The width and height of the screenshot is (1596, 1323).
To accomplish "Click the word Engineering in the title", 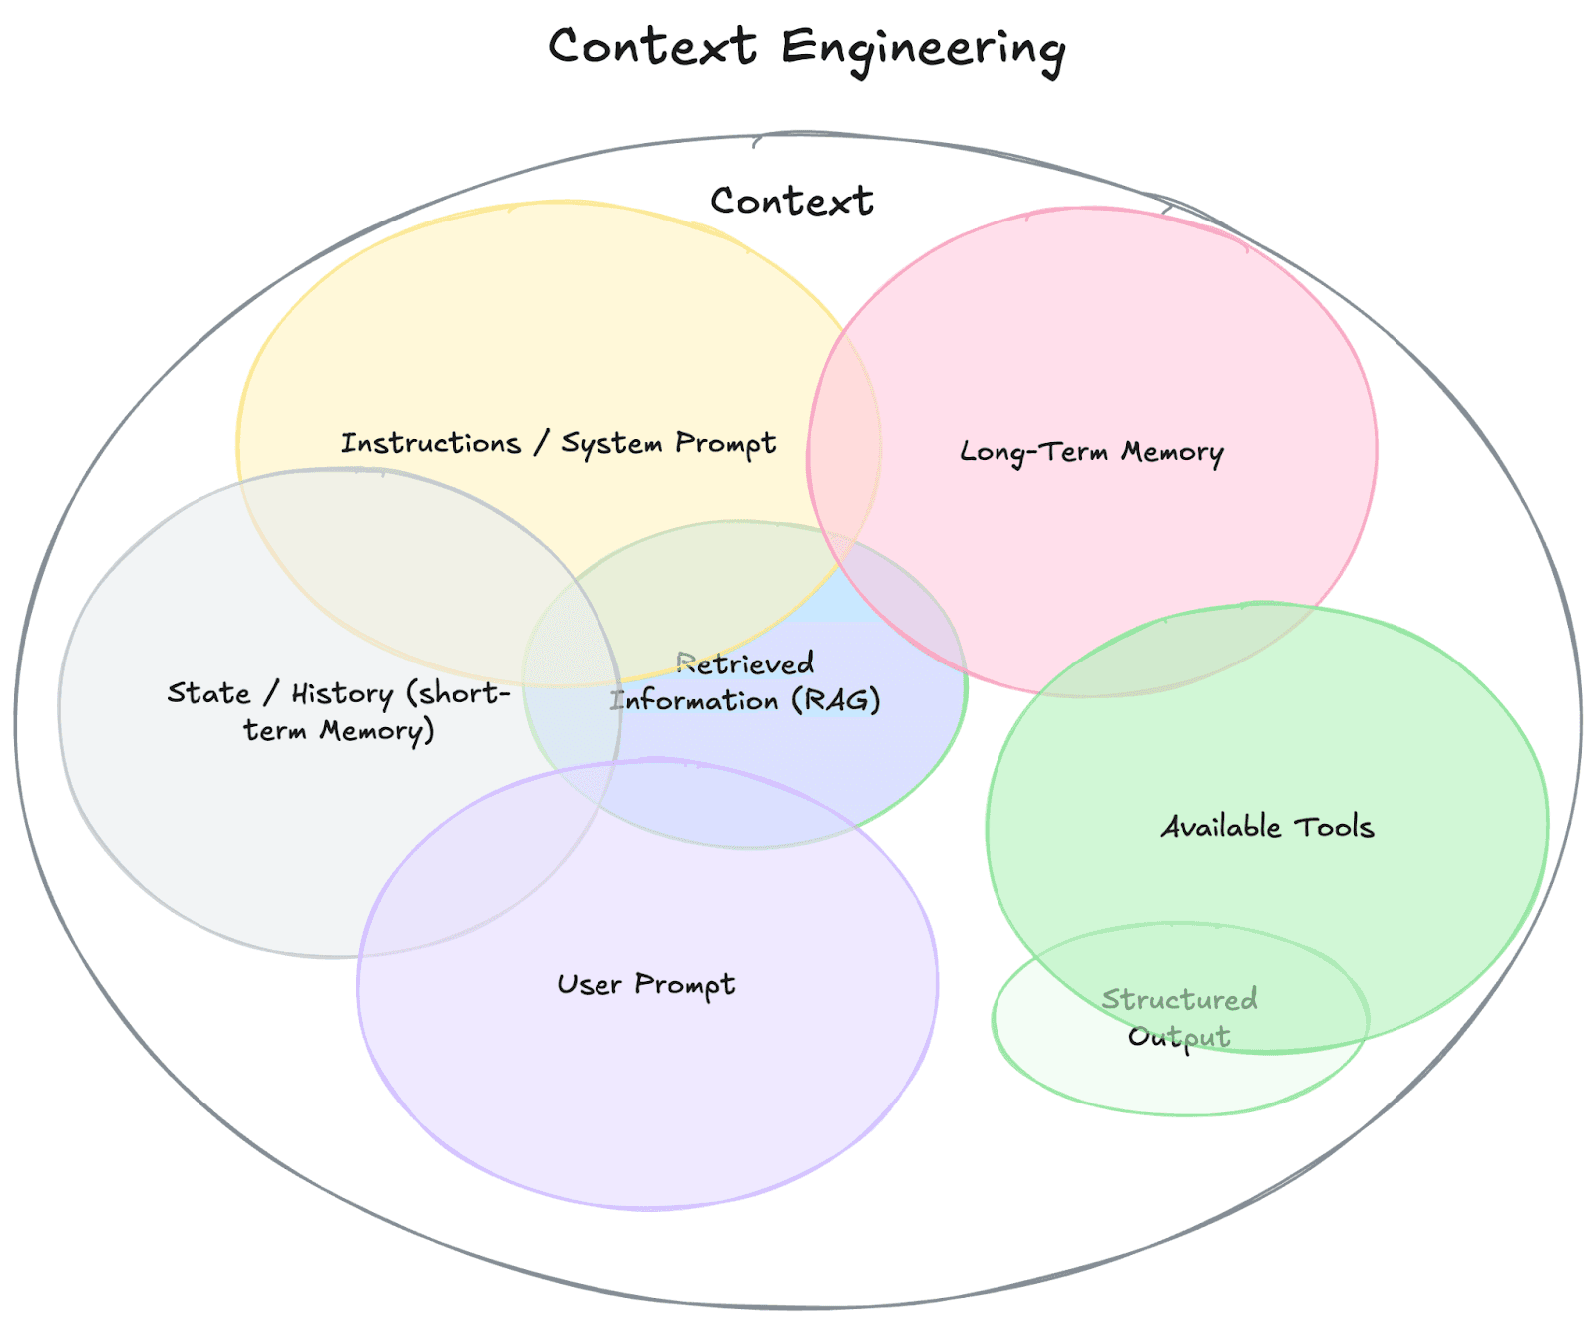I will [923, 48].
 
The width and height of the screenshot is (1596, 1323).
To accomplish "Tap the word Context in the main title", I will [652, 46].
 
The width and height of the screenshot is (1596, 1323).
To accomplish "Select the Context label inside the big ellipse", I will [791, 201].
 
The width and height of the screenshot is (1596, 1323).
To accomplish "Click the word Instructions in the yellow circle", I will [431, 443].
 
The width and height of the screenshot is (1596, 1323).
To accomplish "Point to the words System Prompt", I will [668, 443].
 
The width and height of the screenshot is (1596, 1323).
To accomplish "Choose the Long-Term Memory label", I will [1091, 452].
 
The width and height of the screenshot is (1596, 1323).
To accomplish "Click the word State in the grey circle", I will [208, 693].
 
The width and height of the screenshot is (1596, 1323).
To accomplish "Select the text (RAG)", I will [836, 700].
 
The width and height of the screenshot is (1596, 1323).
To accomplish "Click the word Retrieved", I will [745, 663].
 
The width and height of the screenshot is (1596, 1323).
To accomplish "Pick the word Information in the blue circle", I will [694, 700].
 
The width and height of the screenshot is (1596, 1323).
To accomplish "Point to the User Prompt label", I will [645, 985].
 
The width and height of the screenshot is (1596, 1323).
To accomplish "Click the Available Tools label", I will [1267, 827].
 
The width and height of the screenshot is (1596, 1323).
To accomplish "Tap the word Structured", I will [1179, 999].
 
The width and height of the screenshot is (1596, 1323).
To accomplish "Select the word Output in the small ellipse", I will [1179, 1037].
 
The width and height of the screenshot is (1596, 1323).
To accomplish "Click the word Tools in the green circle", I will [1334, 827].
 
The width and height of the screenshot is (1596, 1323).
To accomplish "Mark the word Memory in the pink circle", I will [1172, 452].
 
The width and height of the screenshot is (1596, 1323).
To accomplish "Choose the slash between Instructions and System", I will [540, 443].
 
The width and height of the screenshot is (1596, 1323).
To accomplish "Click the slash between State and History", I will [270, 693].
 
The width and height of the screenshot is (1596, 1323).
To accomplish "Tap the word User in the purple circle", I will [589, 985].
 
